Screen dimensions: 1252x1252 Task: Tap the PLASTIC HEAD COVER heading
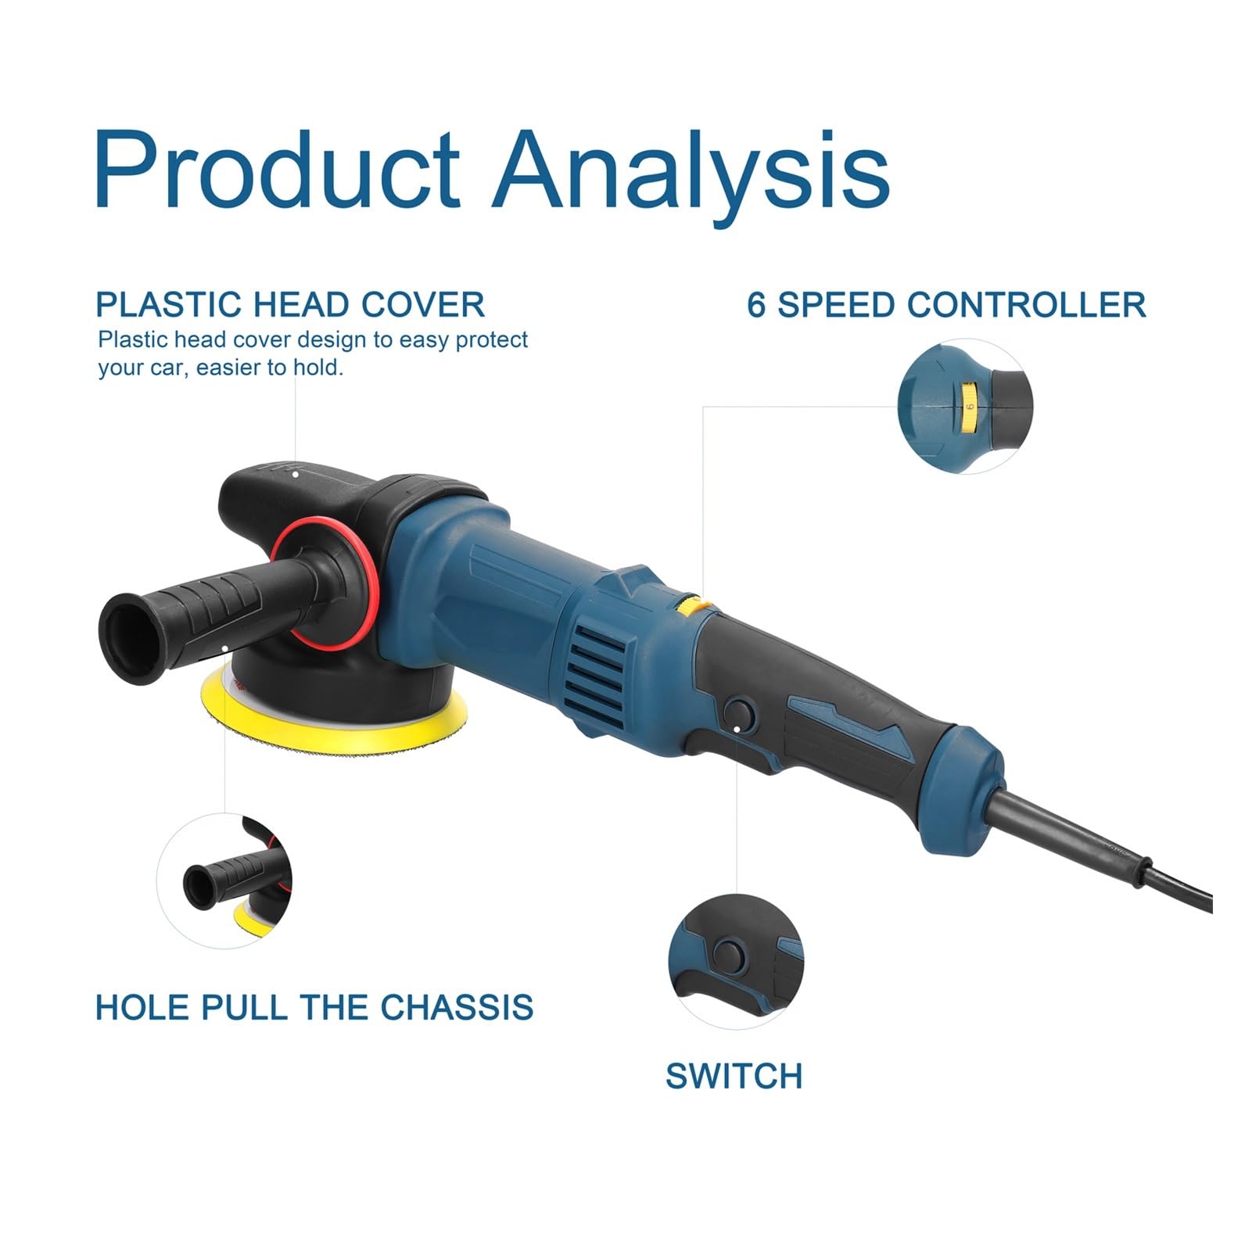pyautogui.click(x=290, y=304)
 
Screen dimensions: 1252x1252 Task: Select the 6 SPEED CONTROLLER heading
pyautogui.click(x=946, y=304)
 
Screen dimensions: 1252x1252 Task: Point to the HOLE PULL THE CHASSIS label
pyautogui.click(x=314, y=1006)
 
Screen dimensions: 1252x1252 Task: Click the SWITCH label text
pyautogui.click(x=734, y=1076)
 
